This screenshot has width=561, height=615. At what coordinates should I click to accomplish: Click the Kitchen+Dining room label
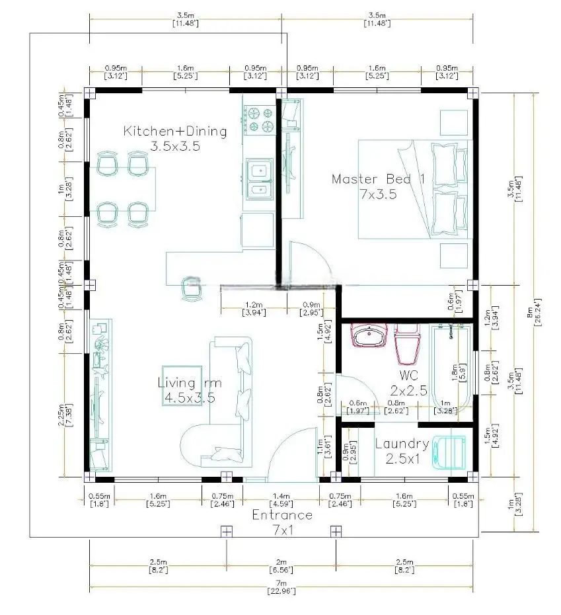[175, 132]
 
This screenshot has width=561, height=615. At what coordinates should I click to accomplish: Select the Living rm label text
[190, 383]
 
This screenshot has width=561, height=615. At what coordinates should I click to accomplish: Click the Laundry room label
[402, 444]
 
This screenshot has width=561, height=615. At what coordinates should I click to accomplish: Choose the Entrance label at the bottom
[282, 514]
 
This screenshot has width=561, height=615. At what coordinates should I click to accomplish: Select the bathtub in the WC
[453, 368]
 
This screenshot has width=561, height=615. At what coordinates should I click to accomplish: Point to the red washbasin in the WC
[369, 337]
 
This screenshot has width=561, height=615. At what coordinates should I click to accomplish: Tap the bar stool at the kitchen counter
[192, 287]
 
